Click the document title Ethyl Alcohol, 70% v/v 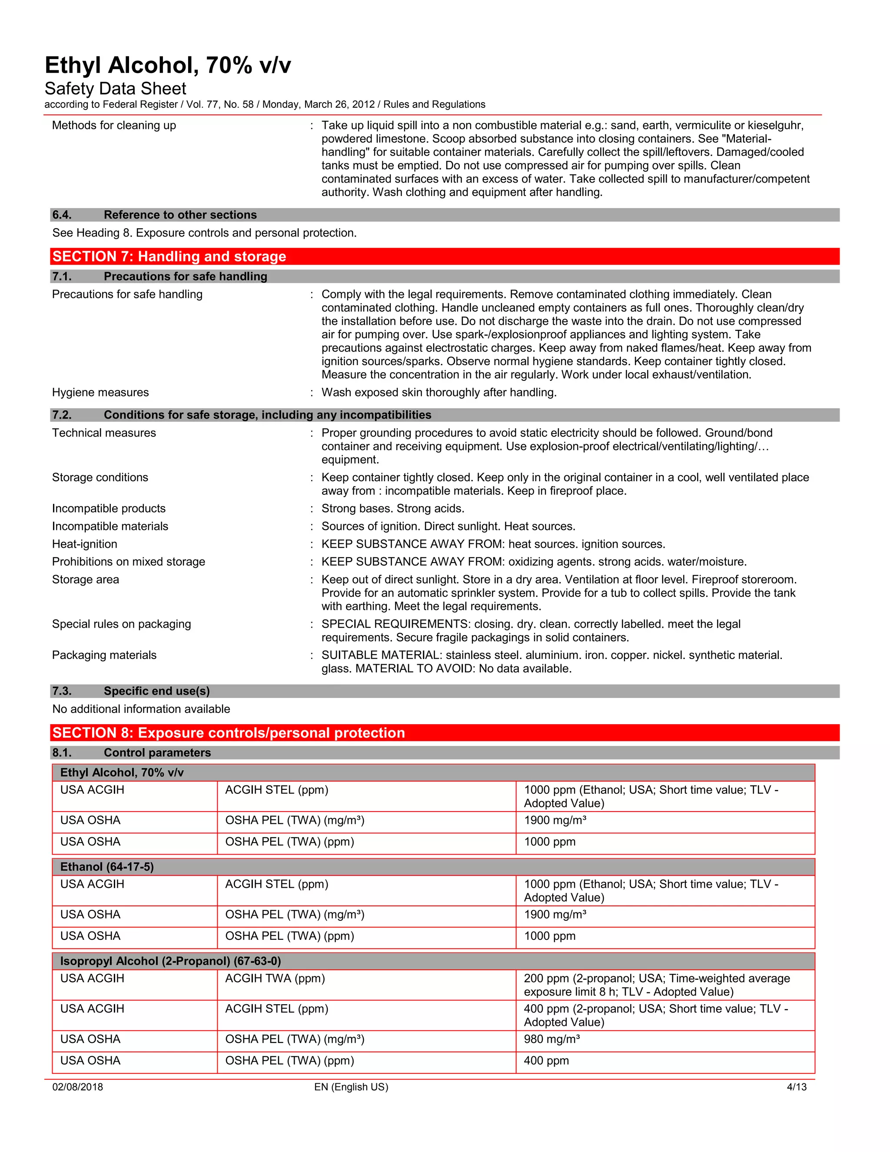pos(168,65)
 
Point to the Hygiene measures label pos(100,393)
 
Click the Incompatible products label pos(109,509)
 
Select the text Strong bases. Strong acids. pos(393,509)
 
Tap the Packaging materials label pos(104,655)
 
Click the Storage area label pos(86,579)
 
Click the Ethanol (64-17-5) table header pos(107,867)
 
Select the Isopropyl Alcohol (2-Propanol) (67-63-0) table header pos(170,961)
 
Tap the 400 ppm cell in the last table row pos(546,1061)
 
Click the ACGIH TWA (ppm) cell pos(275,979)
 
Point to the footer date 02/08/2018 pos(77,1087)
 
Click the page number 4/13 pos(796,1087)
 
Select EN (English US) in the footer pos(351,1087)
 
